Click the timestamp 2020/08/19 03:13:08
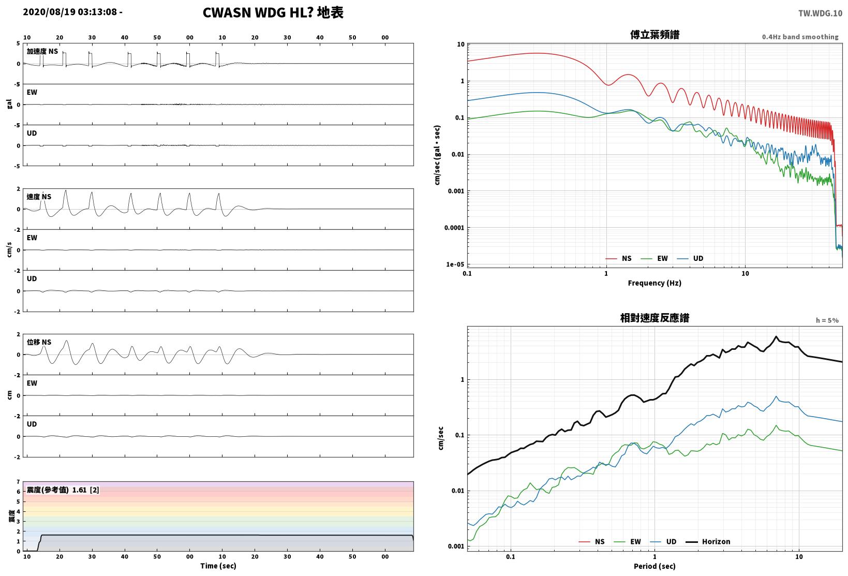(70, 12)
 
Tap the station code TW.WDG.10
(821, 13)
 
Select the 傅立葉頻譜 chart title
(654, 35)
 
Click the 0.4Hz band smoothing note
(800, 37)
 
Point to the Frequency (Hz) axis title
(654, 283)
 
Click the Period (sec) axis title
(654, 566)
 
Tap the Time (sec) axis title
(218, 566)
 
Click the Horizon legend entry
(708, 541)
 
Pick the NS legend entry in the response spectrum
(591, 541)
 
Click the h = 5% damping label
(827, 320)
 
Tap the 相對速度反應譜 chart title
(654, 318)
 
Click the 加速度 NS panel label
(42, 51)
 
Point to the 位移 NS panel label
(39, 342)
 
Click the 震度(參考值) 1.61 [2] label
(63, 490)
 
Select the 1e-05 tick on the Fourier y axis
(455, 264)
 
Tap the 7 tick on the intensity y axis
(18, 482)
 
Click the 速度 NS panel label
(39, 197)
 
